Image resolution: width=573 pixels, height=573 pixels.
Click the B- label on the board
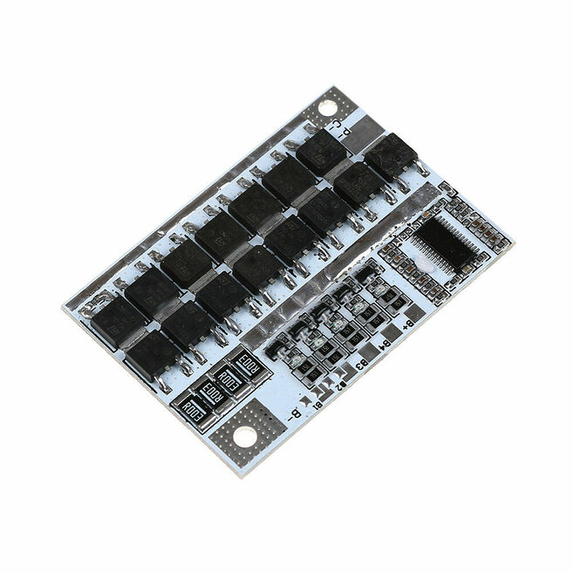pyautogui.click(x=297, y=413)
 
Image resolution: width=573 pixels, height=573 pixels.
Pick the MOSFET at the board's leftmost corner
pyautogui.click(x=114, y=317)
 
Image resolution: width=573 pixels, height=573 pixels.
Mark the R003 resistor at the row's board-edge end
pyautogui.click(x=190, y=407)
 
